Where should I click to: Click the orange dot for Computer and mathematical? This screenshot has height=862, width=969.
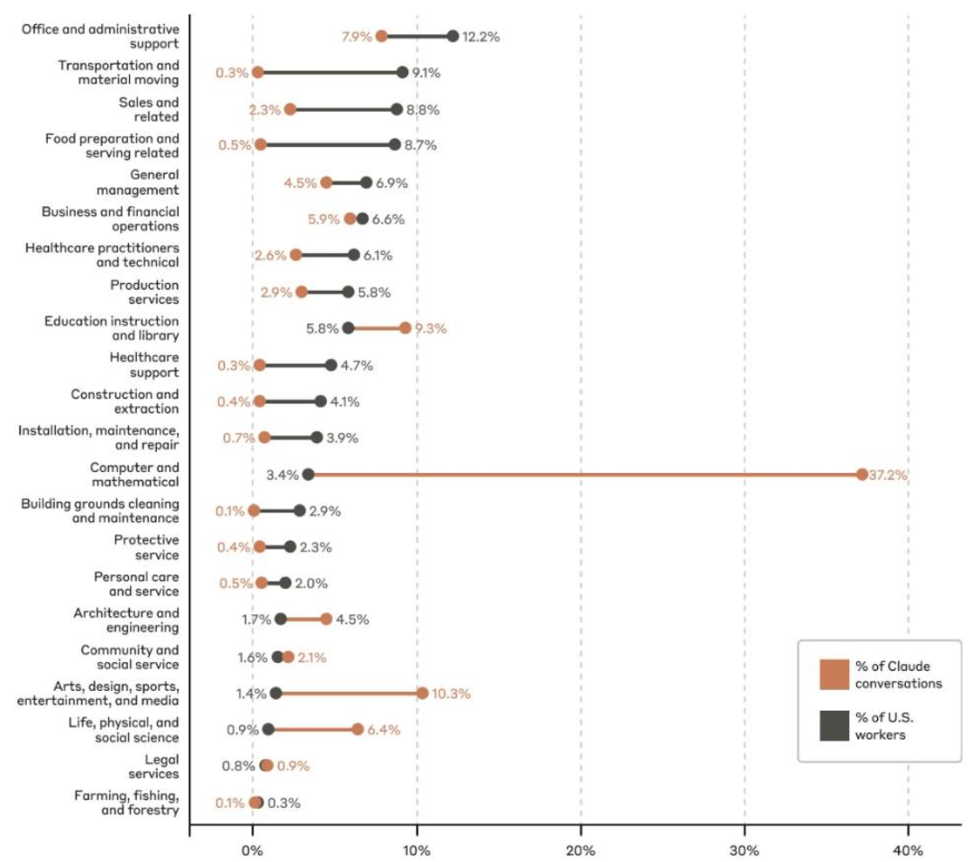click(862, 475)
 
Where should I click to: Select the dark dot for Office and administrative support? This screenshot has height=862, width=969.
click(453, 36)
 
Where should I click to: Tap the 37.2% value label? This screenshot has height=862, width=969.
click(888, 476)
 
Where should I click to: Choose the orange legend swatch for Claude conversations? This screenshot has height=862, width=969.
click(834, 675)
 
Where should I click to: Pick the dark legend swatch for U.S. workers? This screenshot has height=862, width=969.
click(834, 726)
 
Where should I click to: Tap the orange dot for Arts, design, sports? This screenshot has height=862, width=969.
click(422, 693)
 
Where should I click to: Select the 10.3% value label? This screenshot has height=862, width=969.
click(452, 694)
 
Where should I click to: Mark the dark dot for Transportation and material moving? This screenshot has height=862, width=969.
click(402, 72)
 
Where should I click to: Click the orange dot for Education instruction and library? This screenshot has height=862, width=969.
click(405, 328)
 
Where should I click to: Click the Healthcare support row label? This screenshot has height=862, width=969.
click(143, 365)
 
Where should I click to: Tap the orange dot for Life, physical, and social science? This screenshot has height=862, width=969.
click(357, 730)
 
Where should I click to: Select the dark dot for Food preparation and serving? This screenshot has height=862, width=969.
click(395, 144)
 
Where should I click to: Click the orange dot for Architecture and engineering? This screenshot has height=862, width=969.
click(326, 619)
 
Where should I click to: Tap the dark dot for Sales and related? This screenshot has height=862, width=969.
click(397, 109)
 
